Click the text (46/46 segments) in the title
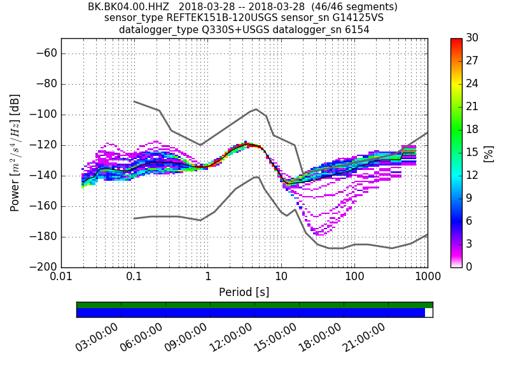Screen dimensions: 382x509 357,7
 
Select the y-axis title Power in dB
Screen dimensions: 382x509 15,153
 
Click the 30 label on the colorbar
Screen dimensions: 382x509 472,38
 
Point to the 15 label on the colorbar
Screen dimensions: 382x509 472,152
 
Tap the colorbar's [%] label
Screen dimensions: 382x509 489,153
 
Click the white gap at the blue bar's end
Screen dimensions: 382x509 429,313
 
